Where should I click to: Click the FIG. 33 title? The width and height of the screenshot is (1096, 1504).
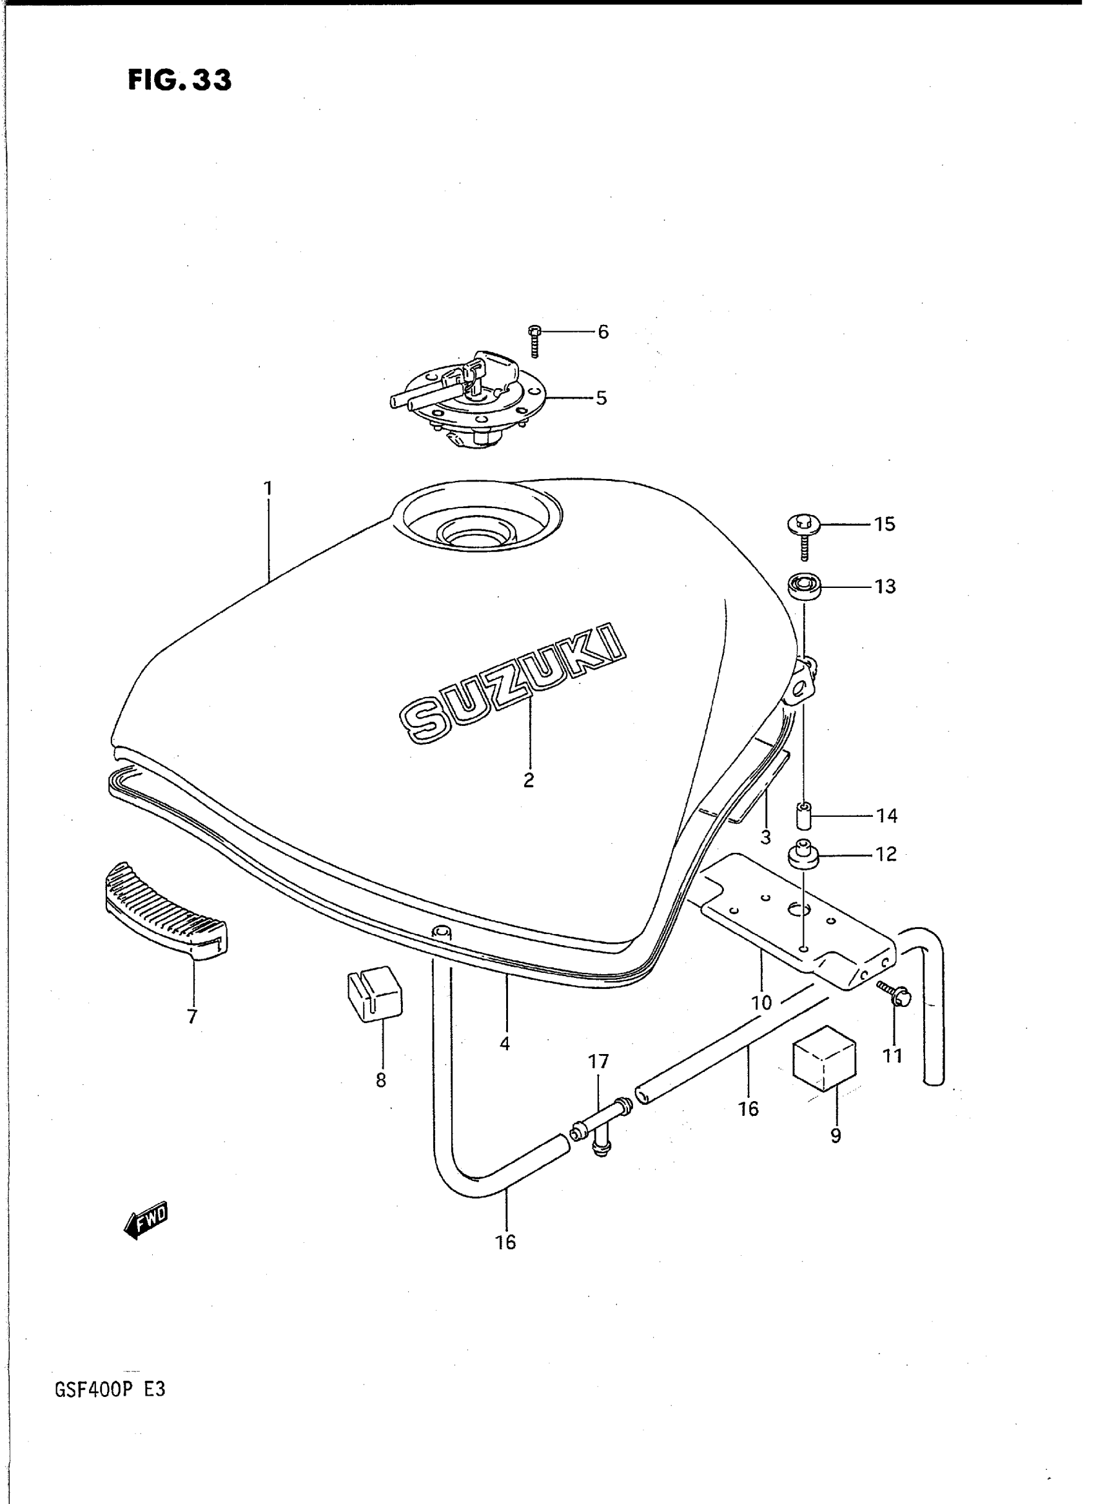tap(179, 81)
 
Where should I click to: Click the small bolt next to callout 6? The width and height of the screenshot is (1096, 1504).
tap(535, 340)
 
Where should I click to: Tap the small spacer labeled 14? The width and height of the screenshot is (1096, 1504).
tap(804, 815)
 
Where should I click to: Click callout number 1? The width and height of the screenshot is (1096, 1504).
tap(268, 489)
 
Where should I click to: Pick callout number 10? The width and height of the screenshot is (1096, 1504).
tap(761, 1002)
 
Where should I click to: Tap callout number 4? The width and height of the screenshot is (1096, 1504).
tap(505, 1044)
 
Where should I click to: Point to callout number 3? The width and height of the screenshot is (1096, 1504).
tap(766, 837)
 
